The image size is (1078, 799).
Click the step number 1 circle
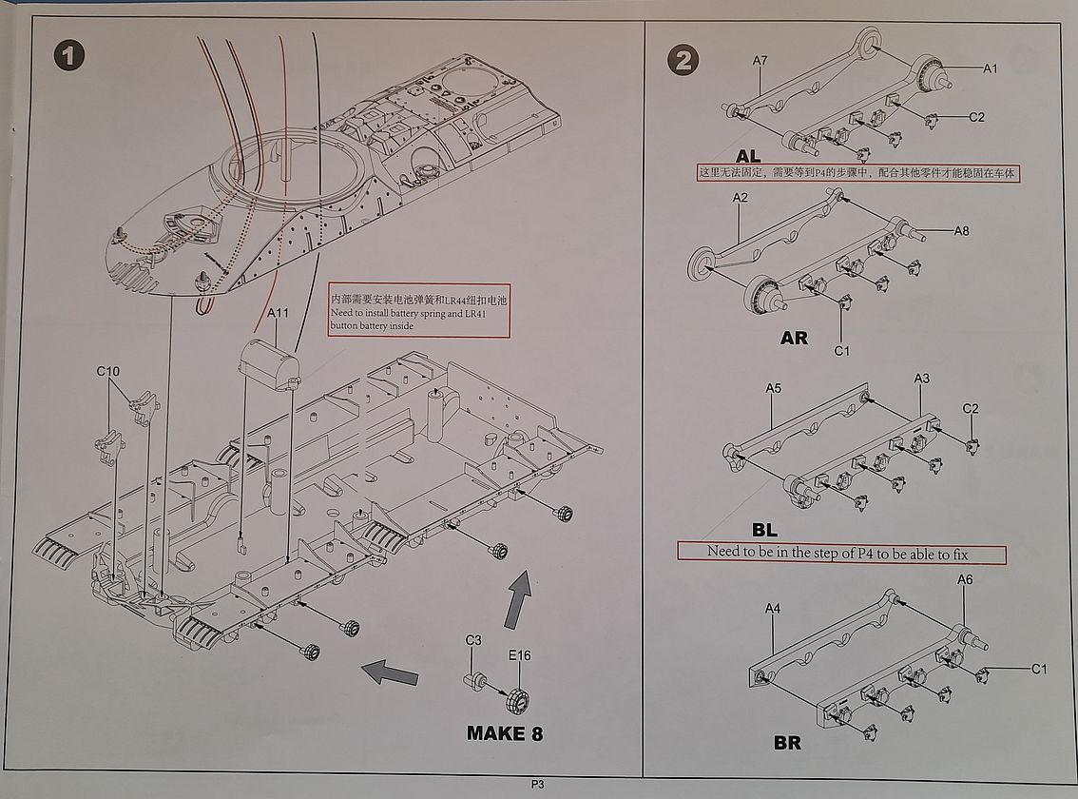(67, 55)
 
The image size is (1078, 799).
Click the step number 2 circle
(683, 60)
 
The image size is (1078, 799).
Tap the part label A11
(279, 313)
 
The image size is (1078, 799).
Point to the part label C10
(108, 371)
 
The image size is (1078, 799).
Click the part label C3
(473, 641)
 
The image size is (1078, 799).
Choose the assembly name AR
(794, 338)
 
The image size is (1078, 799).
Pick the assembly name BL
(764, 530)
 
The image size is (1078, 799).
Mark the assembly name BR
(787, 742)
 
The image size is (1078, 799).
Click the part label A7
(760, 61)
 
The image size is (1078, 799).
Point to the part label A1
(990, 68)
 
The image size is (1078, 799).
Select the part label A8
(961, 231)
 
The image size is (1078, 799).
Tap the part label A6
(965, 579)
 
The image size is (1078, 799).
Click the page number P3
(538, 785)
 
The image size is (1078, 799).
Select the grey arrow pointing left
(391, 672)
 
